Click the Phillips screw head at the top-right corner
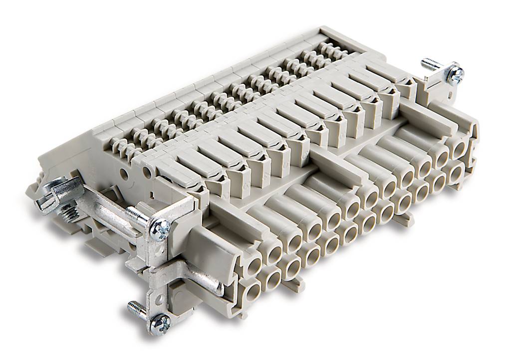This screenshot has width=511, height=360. click(x=455, y=74)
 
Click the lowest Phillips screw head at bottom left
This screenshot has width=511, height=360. click(x=160, y=324)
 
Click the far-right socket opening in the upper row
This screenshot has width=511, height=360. click(x=458, y=147)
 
